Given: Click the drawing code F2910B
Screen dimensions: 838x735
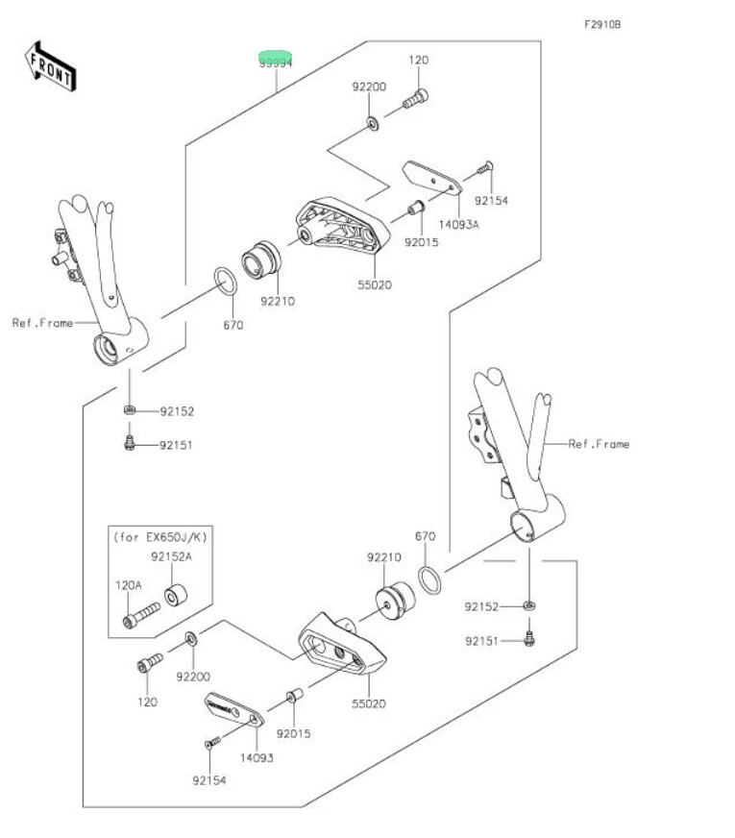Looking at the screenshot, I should (601, 24).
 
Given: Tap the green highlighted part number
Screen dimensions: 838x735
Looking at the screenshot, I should (275, 60).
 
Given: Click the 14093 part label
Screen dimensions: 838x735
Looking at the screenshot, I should (256, 757).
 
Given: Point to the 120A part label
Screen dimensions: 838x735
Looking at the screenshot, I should (129, 583).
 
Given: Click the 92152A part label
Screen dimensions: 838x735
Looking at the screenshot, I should (170, 555).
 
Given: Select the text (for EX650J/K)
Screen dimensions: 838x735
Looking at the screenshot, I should (159, 535).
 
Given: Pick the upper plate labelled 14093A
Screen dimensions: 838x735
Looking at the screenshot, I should (429, 177).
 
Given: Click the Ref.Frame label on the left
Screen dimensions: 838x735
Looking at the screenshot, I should (42, 323).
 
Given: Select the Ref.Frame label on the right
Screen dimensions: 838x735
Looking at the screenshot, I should (599, 444).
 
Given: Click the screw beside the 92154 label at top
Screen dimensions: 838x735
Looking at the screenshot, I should (484, 170).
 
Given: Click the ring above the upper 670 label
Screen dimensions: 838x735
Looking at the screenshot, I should (226, 283).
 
